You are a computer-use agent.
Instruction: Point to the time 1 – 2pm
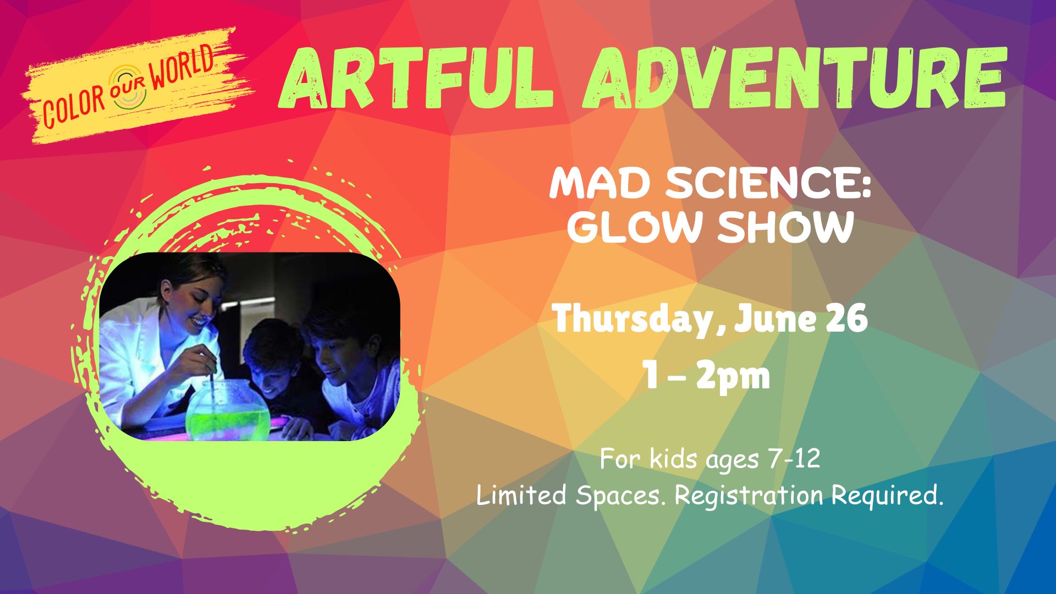tap(708, 376)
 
